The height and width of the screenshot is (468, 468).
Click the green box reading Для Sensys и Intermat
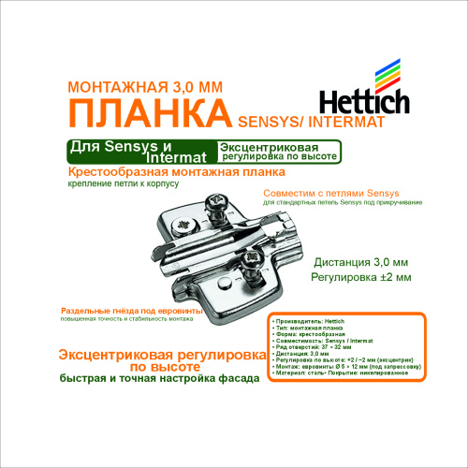coord(140,151)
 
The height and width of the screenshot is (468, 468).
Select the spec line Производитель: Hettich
coord(309,320)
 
